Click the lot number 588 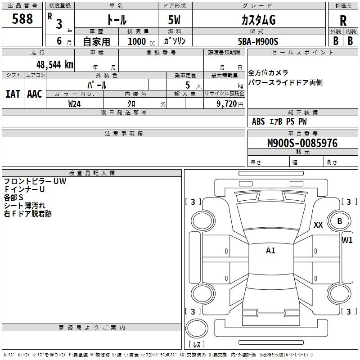click(22, 19)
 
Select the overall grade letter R click(343, 20)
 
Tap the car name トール click(116, 20)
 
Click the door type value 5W click(175, 20)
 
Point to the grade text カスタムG click(258, 20)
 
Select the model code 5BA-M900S click(258, 41)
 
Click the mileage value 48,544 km click(54, 64)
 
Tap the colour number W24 click(75, 103)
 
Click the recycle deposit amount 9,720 click(227, 103)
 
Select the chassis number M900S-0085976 click(302, 143)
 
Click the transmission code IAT click(13, 94)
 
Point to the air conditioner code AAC click(34, 94)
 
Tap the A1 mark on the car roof click(270, 251)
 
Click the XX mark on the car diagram click(318, 225)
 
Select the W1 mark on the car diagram click(347, 240)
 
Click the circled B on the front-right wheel click(340, 221)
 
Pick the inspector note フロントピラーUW click(35, 181)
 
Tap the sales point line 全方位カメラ click(268, 73)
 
